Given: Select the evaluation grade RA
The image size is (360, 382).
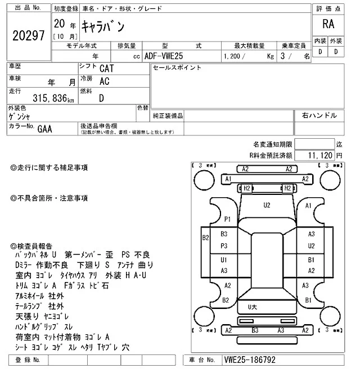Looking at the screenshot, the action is tap(327, 24).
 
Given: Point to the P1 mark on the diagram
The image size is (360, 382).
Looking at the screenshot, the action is tap(228, 219).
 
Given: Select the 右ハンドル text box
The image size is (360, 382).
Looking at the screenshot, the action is tap(319, 116).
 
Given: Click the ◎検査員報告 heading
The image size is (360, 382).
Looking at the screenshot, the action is tap(31, 245).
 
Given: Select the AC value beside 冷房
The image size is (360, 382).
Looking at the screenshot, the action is tap(104, 81).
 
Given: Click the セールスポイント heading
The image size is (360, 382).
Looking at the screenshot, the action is tap(177, 68).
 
